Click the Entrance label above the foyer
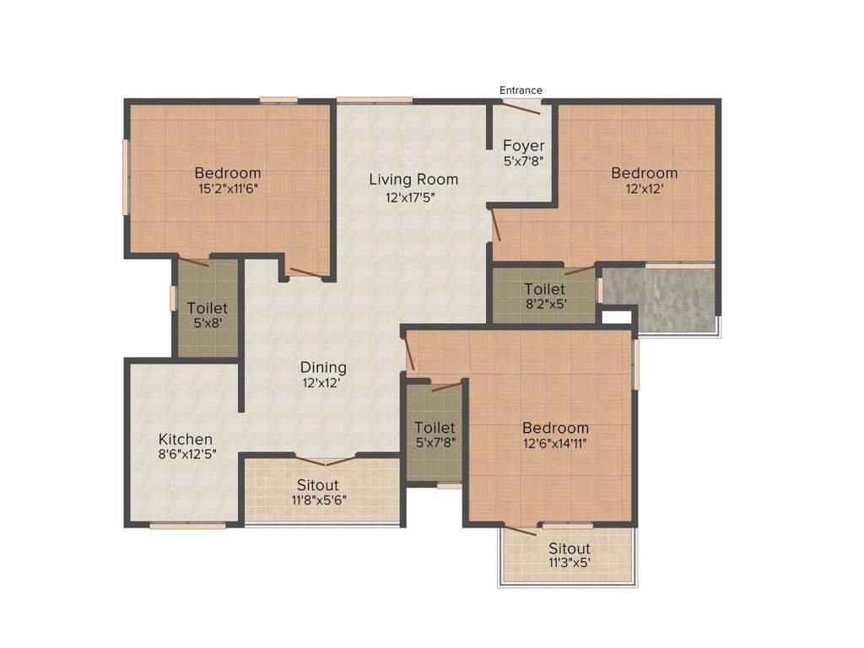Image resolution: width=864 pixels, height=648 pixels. coord(521,90)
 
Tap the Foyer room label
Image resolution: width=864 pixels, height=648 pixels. coord(523,145)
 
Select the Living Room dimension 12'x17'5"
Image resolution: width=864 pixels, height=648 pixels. coord(413,197)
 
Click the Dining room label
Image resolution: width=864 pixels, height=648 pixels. coord(323,367)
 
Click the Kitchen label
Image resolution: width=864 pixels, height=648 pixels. coord(186,440)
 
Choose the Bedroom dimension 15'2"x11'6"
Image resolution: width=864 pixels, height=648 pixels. coord(227,189)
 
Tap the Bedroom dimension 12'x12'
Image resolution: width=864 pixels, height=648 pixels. coord(644,190)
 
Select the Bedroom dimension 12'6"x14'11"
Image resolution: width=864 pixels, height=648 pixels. coord(554,444)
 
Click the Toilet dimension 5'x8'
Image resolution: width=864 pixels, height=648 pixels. coord(207,323)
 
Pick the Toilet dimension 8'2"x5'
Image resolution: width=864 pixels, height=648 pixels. coord(544,305)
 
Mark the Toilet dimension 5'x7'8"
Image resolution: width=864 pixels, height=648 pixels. coord(435,443)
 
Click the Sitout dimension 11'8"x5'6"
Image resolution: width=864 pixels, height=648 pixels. coord(317,499)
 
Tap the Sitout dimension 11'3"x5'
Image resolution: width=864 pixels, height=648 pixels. coord(569,563)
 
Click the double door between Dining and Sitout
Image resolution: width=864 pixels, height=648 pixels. coord(326,461)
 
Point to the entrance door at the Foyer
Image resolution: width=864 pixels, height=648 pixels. coord(521,105)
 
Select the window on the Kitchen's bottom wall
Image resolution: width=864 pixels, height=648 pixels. coord(187,526)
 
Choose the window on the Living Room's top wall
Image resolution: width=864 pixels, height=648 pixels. coord(375,100)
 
